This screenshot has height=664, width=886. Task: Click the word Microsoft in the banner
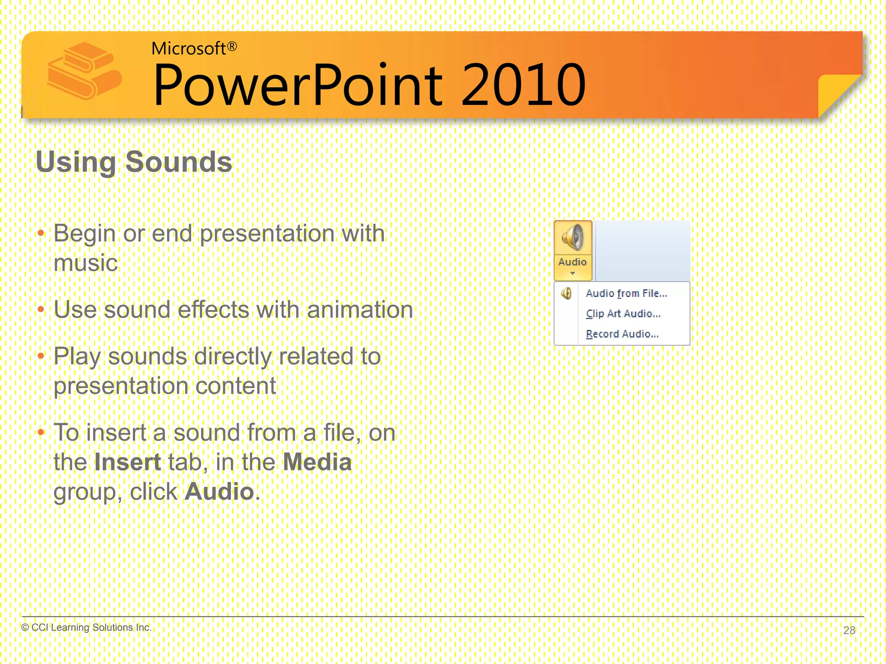tap(189, 48)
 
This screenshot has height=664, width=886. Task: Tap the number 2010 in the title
tap(523, 85)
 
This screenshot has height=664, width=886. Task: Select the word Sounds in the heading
tap(179, 162)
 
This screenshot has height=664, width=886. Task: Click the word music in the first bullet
tap(86, 263)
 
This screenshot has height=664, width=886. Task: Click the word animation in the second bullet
tap(360, 310)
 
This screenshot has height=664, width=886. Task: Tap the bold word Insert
tap(128, 462)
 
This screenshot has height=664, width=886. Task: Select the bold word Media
tap(317, 462)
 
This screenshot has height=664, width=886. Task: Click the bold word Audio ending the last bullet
tap(219, 492)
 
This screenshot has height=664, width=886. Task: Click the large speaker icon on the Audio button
tap(572, 237)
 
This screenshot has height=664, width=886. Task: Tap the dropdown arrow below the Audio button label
tap(572, 273)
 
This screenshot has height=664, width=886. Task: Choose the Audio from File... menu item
tap(626, 293)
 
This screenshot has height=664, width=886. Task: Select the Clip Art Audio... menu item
tap(623, 313)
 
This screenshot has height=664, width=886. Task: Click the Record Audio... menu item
tap(622, 334)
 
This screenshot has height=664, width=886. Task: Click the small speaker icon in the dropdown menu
tap(566, 294)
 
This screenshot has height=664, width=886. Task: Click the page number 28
tap(849, 630)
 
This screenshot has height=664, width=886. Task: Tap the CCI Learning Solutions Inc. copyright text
tap(87, 627)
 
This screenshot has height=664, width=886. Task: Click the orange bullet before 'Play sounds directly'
tap(41, 356)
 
